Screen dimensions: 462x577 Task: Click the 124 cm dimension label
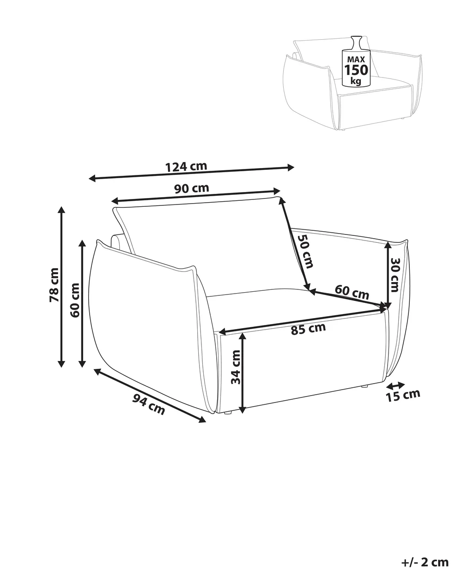click(x=186, y=167)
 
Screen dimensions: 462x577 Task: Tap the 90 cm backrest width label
click(x=192, y=188)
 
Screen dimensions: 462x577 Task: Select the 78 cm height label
click(x=54, y=285)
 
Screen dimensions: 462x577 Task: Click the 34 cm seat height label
click(x=236, y=367)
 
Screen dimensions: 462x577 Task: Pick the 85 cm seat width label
click(x=308, y=329)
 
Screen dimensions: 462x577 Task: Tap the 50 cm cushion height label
click(x=305, y=251)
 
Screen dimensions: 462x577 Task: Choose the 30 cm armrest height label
click(x=395, y=275)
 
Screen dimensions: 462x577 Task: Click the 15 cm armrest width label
click(x=403, y=396)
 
